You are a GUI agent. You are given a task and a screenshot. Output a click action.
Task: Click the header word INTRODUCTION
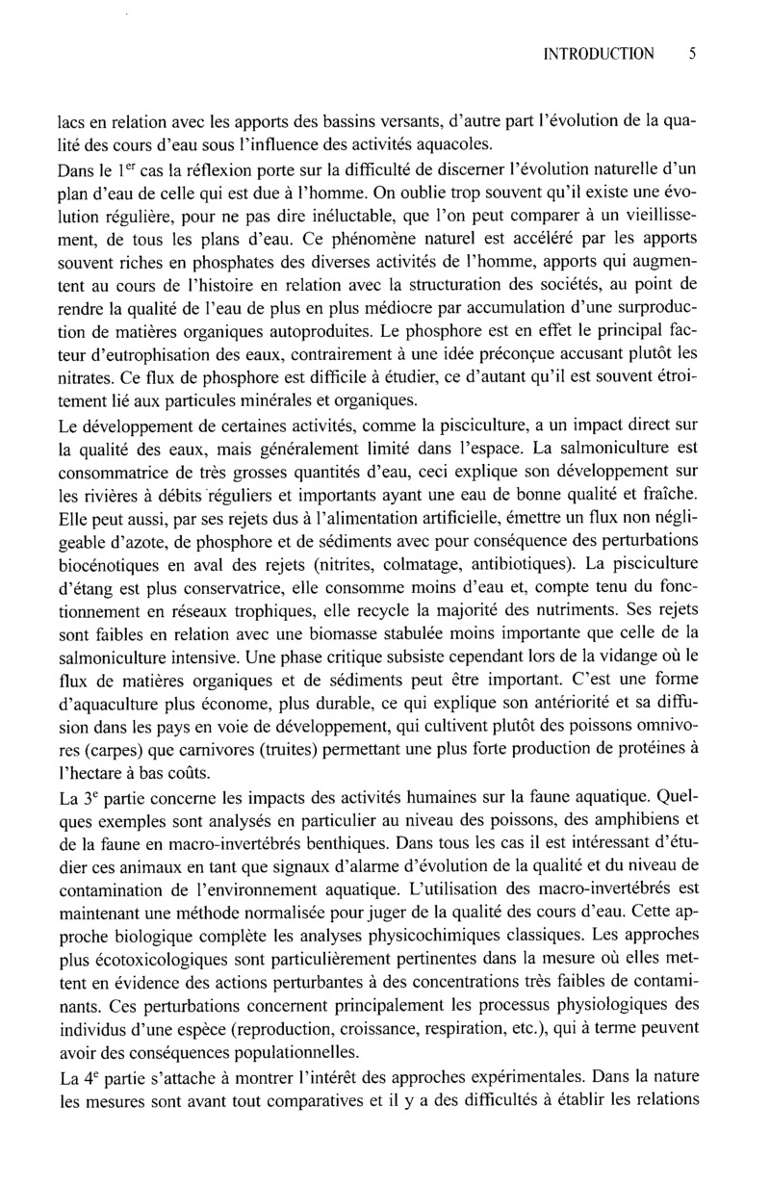599,54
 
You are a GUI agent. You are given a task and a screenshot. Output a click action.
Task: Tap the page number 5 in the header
692,54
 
